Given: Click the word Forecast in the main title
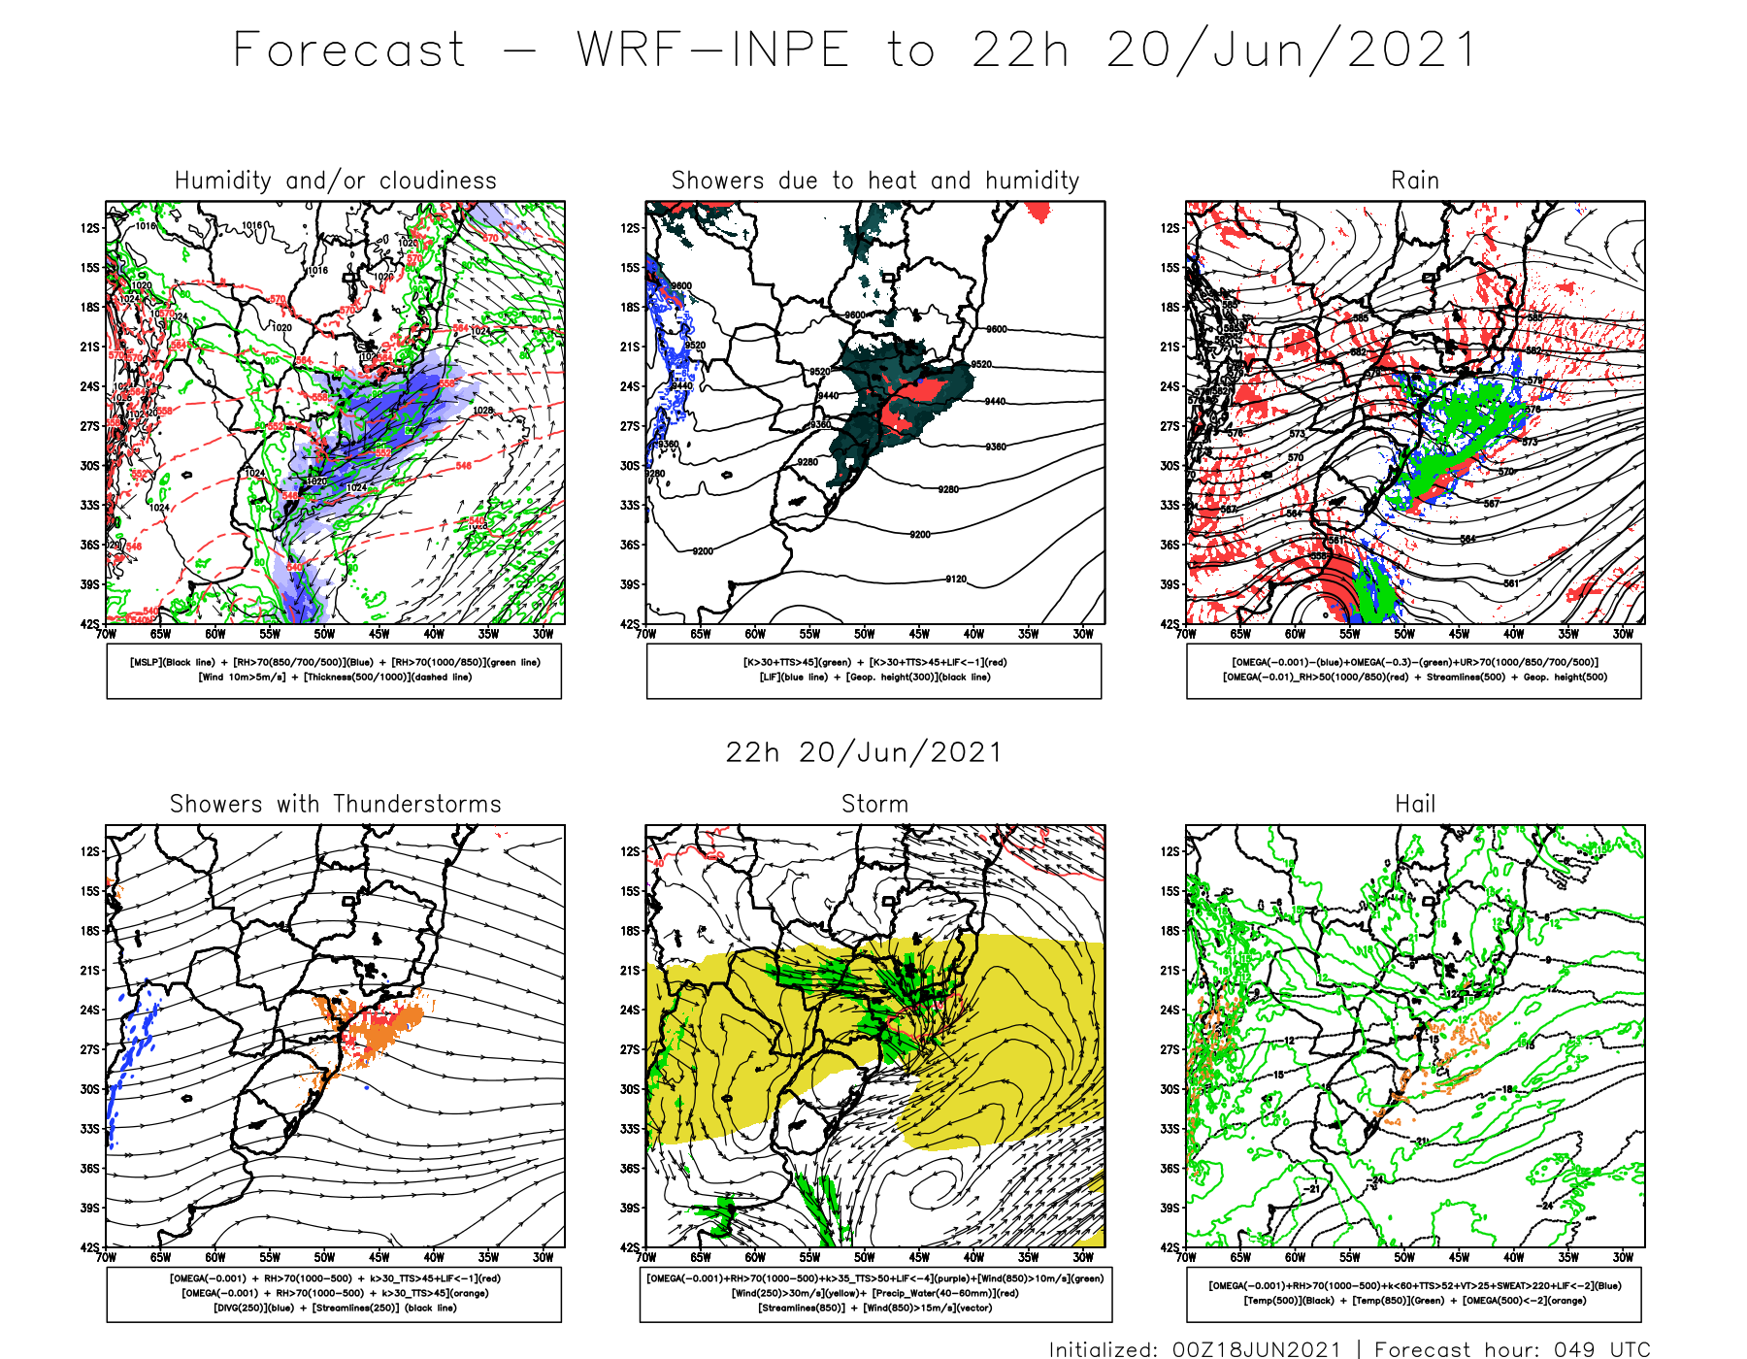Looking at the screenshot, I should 349,50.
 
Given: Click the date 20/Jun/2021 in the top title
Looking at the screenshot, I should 1291,50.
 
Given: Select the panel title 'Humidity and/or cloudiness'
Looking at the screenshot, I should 335,181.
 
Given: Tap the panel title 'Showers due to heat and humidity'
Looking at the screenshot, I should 874,181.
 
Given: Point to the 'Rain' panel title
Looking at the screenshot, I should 1414,181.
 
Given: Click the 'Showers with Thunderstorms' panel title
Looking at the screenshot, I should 335,804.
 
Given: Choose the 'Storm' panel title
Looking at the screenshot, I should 874,804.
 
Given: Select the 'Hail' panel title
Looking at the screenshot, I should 1414,804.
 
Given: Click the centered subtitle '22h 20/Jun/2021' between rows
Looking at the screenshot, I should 863,752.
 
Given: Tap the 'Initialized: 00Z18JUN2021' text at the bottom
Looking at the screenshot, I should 1195,1348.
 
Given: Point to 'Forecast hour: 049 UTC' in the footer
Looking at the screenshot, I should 1511,1348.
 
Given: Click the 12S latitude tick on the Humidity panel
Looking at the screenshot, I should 90,228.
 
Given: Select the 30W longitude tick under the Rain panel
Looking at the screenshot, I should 1623,634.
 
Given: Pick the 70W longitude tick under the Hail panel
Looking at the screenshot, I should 1186,1257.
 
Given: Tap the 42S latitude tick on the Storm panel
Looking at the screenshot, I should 631,1247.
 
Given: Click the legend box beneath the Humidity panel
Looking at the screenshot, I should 334,671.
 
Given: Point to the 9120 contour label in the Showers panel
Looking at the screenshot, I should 956,580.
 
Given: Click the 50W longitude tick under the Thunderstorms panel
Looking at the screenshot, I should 324,1257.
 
